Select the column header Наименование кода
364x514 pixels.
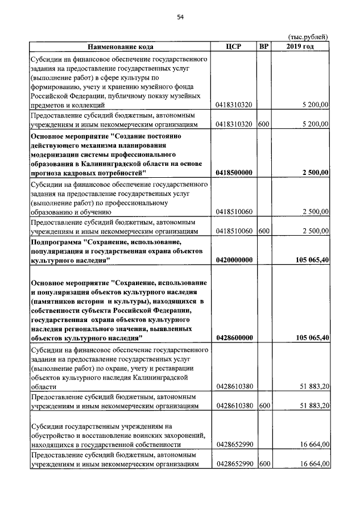point(121,47)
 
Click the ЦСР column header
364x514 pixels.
point(234,47)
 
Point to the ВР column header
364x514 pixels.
point(263,47)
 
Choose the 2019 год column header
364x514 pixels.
point(300,47)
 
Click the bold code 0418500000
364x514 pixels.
point(234,172)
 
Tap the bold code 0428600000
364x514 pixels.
point(234,338)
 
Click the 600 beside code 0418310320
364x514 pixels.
point(263,124)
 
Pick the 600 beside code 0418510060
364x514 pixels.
point(263,231)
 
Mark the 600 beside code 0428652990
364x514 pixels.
point(263,464)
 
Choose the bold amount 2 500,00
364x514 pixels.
point(315,172)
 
